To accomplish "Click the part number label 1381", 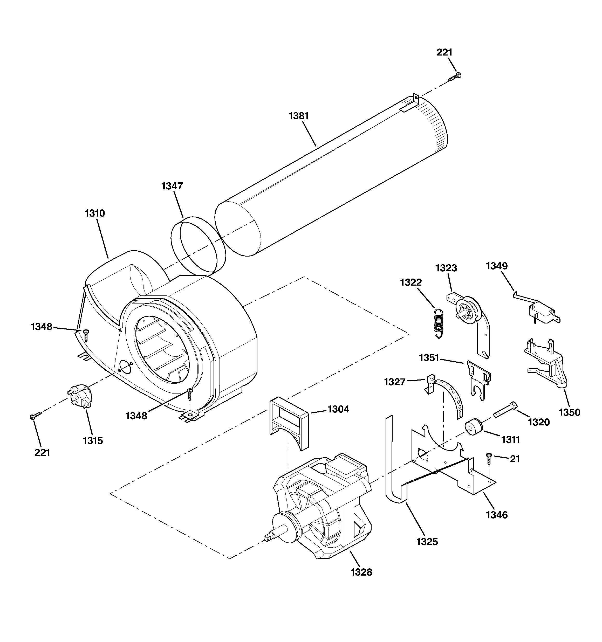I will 299,116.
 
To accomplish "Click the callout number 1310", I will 95,213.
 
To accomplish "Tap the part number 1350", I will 569,412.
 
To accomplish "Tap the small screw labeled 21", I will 488,458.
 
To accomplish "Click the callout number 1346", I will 497,515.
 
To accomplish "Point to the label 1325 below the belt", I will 427,542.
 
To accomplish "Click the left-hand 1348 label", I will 41,327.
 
